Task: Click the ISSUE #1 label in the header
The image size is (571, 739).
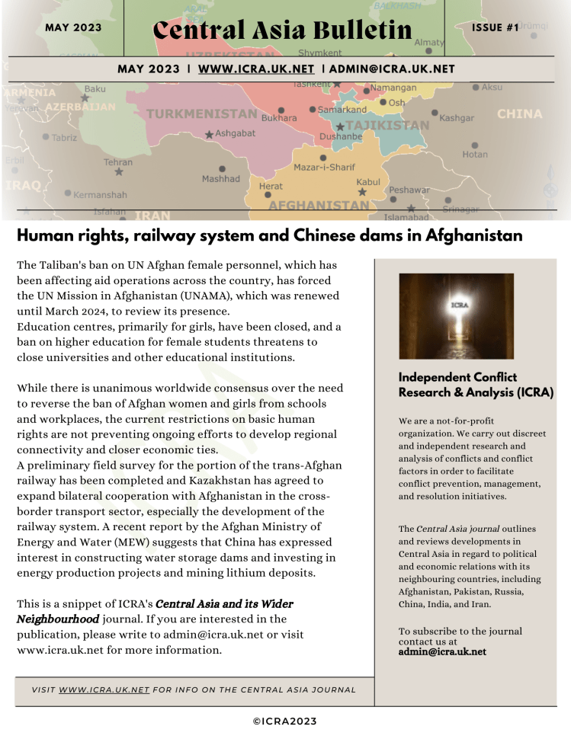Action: (495, 27)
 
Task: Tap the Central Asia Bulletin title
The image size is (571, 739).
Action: (282, 30)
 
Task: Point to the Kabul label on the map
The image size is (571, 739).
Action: (367, 182)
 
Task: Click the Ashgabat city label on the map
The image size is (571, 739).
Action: (235, 133)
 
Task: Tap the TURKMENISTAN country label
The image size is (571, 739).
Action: (201, 114)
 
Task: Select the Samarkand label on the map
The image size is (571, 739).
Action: (342, 110)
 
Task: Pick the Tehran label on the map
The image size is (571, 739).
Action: (118, 162)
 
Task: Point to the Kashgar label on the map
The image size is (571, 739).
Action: (457, 118)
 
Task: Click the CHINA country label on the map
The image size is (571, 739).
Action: (519, 114)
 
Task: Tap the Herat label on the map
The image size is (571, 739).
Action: (271, 186)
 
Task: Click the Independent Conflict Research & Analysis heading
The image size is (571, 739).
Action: (476, 385)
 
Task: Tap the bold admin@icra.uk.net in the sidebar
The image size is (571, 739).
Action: (442, 651)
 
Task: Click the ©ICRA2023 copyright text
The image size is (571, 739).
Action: (284, 721)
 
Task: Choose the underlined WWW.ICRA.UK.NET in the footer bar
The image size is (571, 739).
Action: (104, 689)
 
